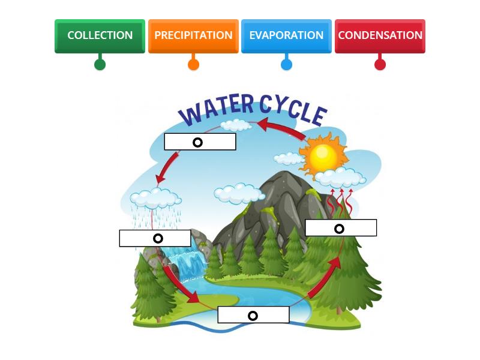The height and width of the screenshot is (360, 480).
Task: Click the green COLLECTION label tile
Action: tap(100, 35)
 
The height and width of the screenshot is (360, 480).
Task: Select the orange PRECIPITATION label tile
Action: tap(193, 35)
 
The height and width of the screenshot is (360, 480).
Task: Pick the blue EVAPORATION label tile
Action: tap(286, 35)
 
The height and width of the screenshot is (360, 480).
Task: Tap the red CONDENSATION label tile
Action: tap(380, 35)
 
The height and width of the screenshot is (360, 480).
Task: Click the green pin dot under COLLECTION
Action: tap(100, 64)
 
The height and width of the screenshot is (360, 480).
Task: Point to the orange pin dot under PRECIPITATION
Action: tap(193, 64)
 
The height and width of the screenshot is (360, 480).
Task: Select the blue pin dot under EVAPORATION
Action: tap(286, 64)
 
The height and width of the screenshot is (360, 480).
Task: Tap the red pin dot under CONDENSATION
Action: tap(380, 64)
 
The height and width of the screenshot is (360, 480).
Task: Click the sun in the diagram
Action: tap(322, 157)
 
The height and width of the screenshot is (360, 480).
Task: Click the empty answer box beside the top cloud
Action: tap(200, 142)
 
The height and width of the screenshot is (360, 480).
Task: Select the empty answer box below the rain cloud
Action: tap(155, 238)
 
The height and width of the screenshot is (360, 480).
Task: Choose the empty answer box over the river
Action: tap(253, 315)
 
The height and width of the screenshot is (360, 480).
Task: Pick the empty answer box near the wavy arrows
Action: tap(341, 228)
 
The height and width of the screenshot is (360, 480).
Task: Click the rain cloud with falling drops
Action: tap(156, 198)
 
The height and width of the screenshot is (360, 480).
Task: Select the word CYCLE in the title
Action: tap(293, 110)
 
